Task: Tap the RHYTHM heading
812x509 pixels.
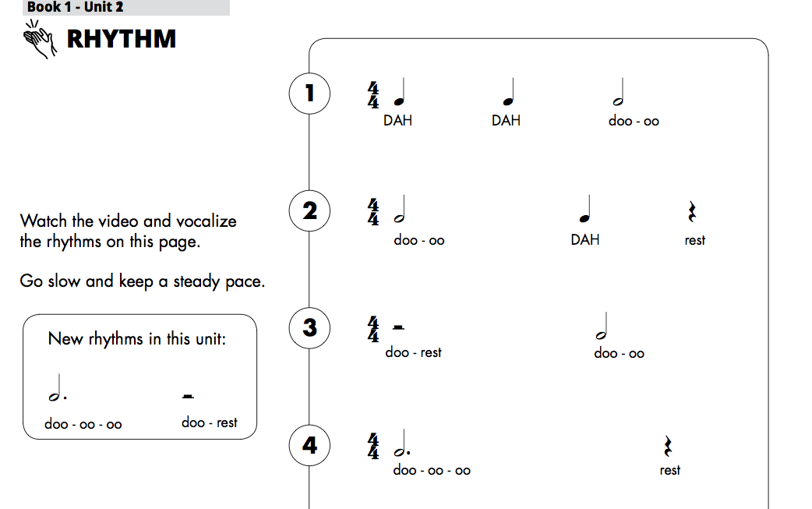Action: pos(122,39)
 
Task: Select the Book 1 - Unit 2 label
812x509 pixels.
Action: pos(75,7)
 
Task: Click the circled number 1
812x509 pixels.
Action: pos(309,94)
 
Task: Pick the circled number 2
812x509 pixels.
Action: pos(309,211)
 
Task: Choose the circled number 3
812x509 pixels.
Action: pos(309,327)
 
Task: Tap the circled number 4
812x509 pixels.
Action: pos(309,446)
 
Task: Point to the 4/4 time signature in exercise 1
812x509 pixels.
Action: pos(373,94)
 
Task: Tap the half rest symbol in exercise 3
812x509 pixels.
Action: pos(399,327)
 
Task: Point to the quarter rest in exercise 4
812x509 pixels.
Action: pos(667,446)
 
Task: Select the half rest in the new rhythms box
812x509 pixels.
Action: pos(188,396)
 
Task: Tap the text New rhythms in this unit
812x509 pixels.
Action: pos(137,339)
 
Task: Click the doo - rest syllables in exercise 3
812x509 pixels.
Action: pos(413,352)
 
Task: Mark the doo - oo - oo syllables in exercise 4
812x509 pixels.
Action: pos(432,470)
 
